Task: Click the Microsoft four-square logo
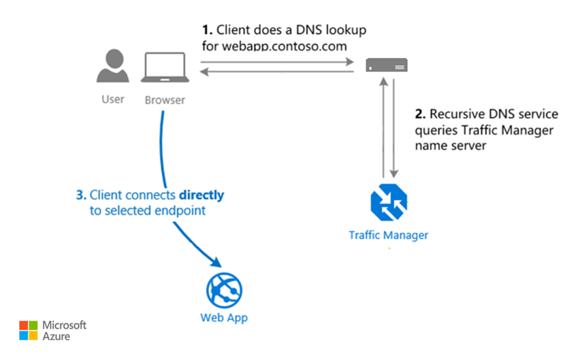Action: click(x=28, y=330)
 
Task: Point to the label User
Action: click(x=113, y=99)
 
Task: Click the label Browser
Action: click(x=165, y=100)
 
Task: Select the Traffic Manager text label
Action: click(x=388, y=235)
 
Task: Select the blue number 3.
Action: click(x=80, y=195)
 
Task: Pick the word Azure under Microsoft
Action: click(x=56, y=336)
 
